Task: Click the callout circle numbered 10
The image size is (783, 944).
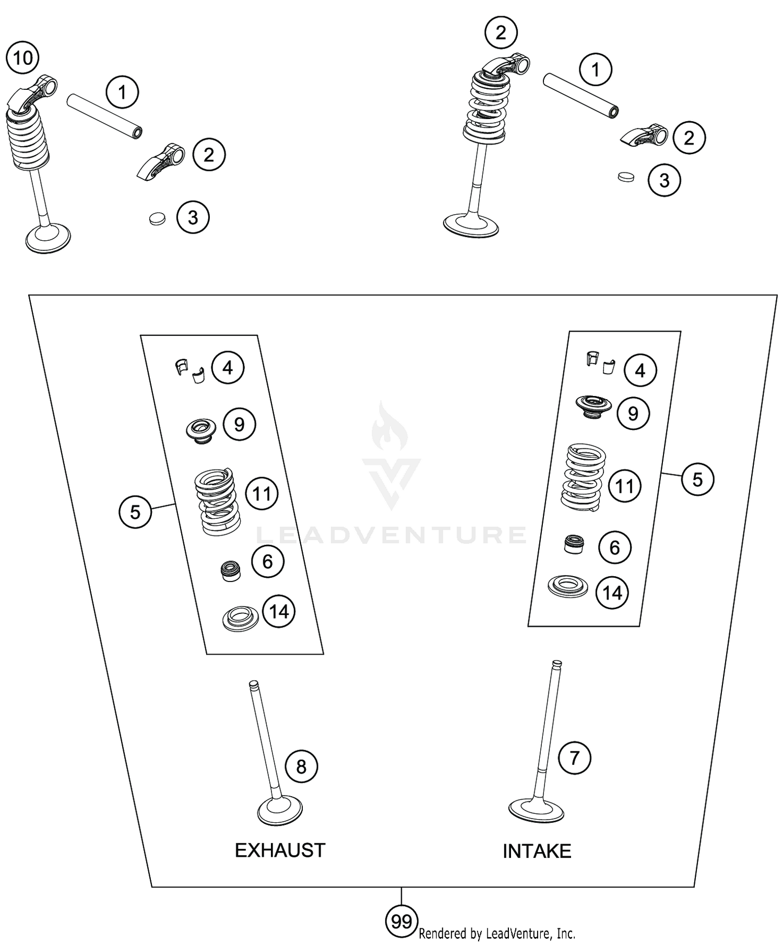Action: [x=22, y=58]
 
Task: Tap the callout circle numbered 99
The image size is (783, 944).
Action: [x=401, y=922]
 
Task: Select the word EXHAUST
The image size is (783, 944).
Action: [x=280, y=850]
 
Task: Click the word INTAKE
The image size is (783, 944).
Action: [x=537, y=852]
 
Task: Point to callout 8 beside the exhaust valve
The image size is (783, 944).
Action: [x=301, y=766]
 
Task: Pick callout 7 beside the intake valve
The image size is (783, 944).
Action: [x=574, y=757]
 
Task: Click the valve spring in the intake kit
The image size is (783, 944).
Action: [x=583, y=477]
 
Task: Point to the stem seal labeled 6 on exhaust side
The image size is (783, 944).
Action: [x=230, y=570]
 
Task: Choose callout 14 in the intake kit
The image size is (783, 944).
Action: [x=612, y=593]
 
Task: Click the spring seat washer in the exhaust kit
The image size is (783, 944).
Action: [x=240, y=618]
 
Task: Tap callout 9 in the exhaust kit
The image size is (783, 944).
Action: [x=239, y=424]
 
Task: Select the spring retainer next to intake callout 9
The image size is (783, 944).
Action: [x=593, y=406]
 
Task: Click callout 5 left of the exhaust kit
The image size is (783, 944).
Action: [x=135, y=512]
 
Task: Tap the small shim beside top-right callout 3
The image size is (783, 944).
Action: [x=625, y=177]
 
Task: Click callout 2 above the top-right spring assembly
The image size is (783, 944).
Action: [x=501, y=33]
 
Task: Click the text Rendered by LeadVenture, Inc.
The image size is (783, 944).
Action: [x=496, y=934]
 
